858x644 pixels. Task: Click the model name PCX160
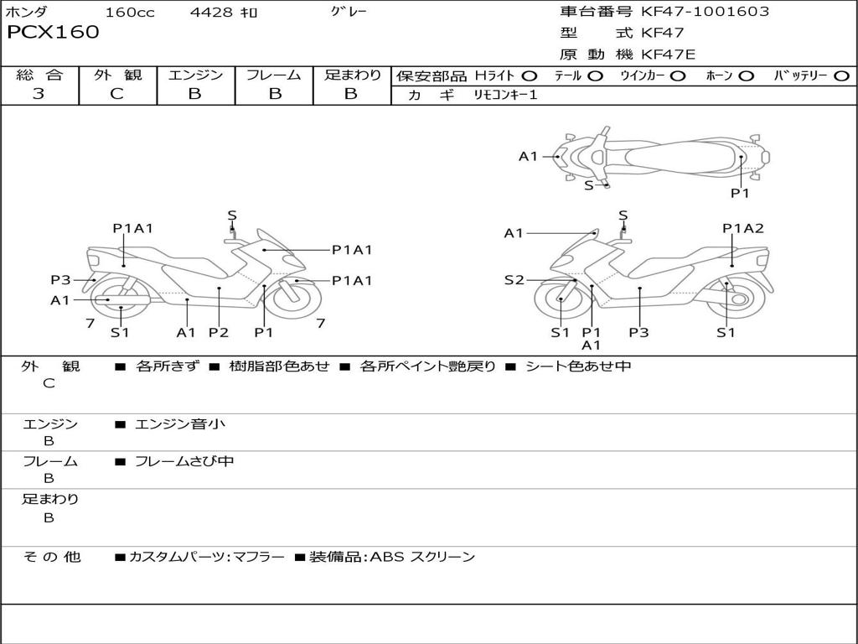pyautogui.click(x=53, y=33)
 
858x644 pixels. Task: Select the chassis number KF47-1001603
pyautogui.click(x=705, y=12)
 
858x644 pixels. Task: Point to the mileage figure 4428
pyautogui.click(x=211, y=13)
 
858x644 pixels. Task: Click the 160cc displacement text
pyautogui.click(x=130, y=13)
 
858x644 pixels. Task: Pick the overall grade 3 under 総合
pyautogui.click(x=39, y=94)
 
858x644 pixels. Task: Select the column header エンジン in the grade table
pyautogui.click(x=195, y=75)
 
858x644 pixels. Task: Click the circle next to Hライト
pyautogui.click(x=530, y=75)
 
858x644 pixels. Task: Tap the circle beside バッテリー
pyautogui.click(x=841, y=75)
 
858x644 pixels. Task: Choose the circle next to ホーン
pyautogui.click(x=747, y=75)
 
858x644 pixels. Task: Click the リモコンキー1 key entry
pyautogui.click(x=506, y=95)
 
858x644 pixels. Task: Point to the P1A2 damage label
pyautogui.click(x=743, y=228)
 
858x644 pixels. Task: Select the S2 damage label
pyautogui.click(x=514, y=280)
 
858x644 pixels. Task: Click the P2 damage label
pyautogui.click(x=218, y=333)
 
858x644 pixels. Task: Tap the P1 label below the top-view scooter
pyautogui.click(x=740, y=193)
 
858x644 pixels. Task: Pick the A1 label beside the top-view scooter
pyautogui.click(x=528, y=156)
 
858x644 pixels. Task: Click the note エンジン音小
pyautogui.click(x=180, y=424)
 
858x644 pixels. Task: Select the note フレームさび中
pyautogui.click(x=184, y=461)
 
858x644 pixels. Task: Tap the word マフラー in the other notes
pyautogui.click(x=257, y=557)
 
